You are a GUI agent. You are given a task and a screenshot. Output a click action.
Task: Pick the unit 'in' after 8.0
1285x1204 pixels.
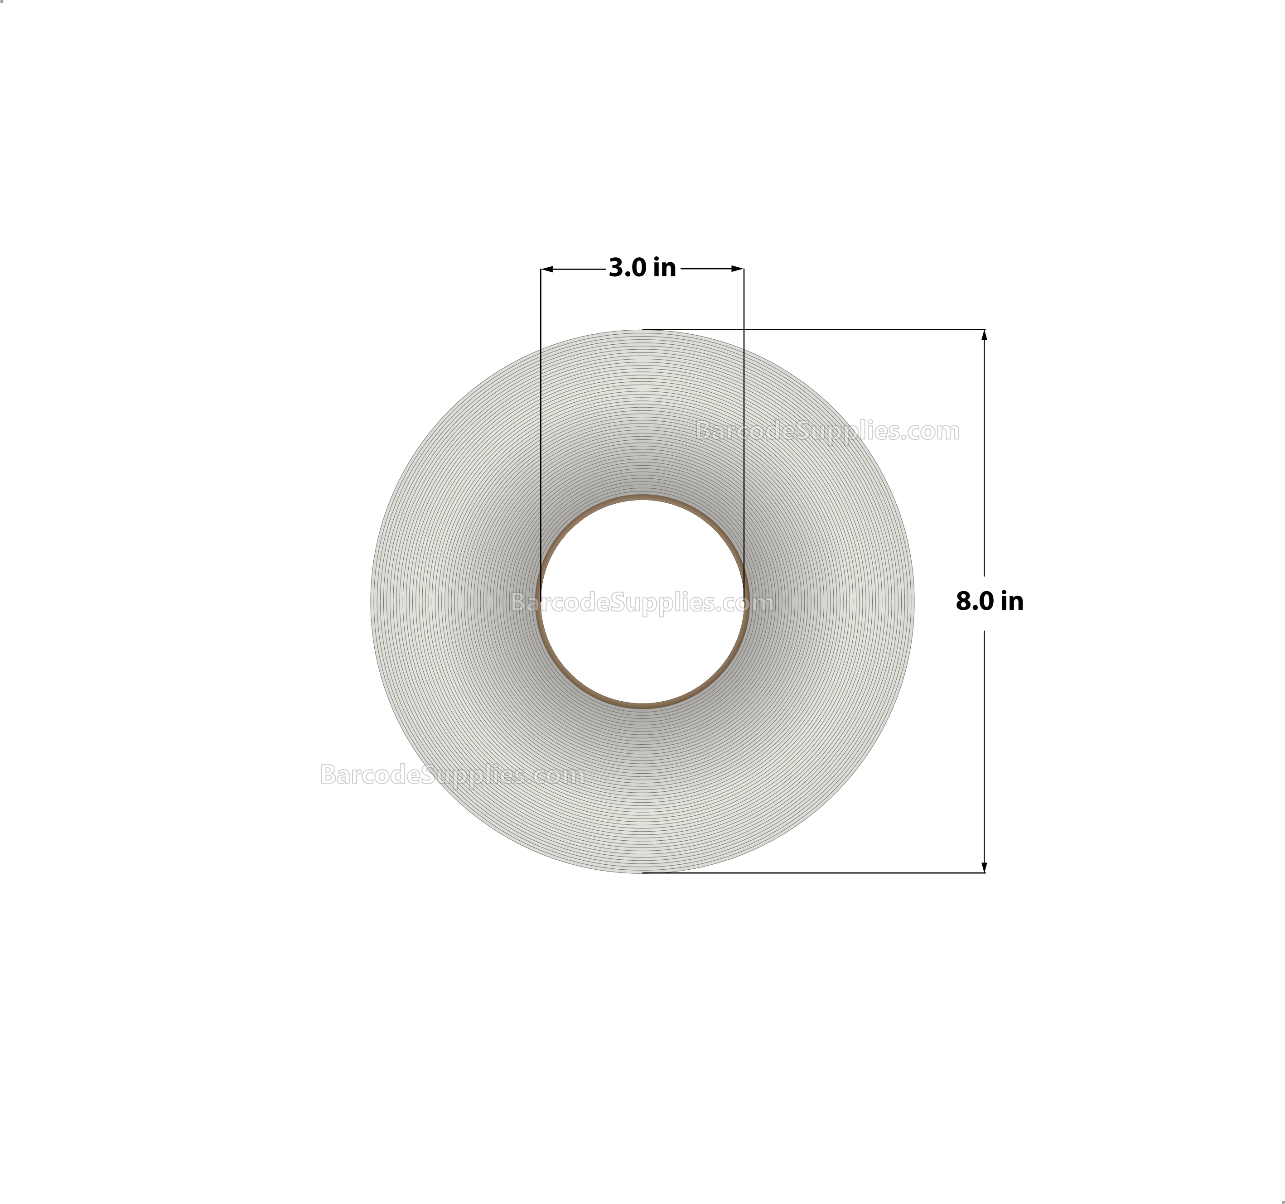[x=1012, y=602]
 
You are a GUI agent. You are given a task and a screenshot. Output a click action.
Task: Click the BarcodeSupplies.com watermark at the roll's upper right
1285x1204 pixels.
[x=827, y=431]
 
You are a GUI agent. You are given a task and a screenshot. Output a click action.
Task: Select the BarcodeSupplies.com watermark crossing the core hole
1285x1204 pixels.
[x=642, y=603]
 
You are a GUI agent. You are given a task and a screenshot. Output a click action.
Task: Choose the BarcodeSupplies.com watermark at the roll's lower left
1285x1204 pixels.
[x=453, y=775]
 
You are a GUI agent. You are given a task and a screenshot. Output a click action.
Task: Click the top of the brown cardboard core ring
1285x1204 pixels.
[x=642, y=498]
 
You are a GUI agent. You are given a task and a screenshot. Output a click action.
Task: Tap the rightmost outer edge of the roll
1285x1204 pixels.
[x=913, y=602]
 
